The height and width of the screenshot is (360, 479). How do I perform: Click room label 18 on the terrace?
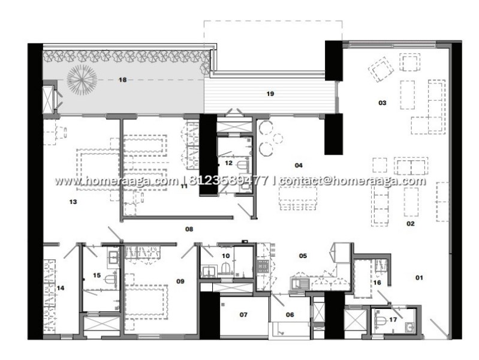pos(122,80)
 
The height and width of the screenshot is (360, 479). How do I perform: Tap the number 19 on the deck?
pos(270,94)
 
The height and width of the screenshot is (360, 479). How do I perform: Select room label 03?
pos(382,103)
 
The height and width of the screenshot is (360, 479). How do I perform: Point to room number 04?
pos(299,166)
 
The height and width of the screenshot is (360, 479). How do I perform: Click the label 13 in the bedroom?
pos(73,202)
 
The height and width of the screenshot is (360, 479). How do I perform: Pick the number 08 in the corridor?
pos(189,229)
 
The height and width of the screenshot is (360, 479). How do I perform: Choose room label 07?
pos(243,314)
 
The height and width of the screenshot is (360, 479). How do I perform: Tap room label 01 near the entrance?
pos(419,278)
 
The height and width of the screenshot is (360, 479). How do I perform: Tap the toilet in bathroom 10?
pos(226,268)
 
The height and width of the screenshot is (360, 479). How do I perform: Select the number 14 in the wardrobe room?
pos(61,288)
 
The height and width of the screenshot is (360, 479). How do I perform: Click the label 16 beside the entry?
pos(377,283)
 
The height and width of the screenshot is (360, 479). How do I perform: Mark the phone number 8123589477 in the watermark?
pos(229,181)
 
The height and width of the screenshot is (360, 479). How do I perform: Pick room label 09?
pos(180,281)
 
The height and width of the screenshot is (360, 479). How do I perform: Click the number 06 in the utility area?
pos(290,314)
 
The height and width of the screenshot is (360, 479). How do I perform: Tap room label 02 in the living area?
pos(410,224)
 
